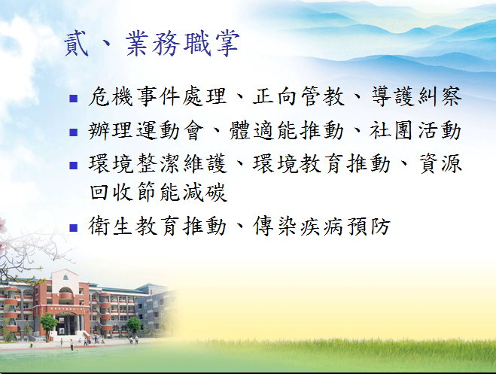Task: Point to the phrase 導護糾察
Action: tap(415, 98)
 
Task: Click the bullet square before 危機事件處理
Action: tap(73, 99)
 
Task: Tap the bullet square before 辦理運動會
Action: tap(73, 132)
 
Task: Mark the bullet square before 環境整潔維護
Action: tap(73, 164)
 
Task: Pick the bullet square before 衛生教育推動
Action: tap(73, 227)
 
